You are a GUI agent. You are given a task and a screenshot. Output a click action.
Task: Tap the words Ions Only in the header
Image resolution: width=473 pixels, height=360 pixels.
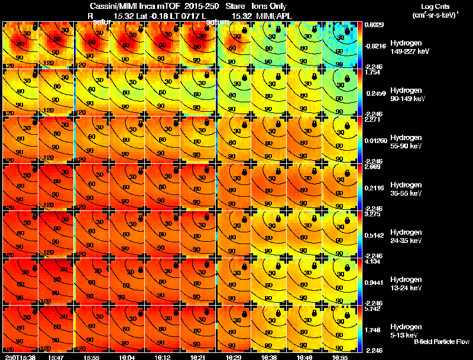coord(270,7)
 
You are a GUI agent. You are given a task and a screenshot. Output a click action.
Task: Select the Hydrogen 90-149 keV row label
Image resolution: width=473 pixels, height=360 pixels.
coord(409,95)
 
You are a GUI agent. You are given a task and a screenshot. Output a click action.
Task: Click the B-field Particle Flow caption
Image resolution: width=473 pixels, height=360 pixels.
coord(441,342)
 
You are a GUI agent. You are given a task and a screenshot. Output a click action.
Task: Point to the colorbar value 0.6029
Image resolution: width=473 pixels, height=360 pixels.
coord(372,25)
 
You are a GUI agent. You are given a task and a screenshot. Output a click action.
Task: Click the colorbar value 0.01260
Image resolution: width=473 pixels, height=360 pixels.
coord(375,141)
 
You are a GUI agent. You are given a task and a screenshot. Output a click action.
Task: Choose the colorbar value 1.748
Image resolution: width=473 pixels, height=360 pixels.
coord(371,330)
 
